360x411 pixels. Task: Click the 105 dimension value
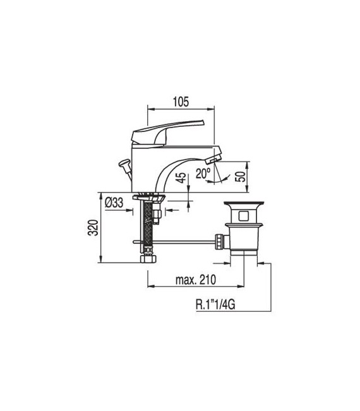(181, 101)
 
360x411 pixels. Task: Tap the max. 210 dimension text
(195, 280)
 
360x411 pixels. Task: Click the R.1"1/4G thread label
(219, 307)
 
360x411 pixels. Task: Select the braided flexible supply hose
(148, 224)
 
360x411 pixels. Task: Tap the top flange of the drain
(243, 204)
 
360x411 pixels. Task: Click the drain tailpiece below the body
(243, 255)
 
